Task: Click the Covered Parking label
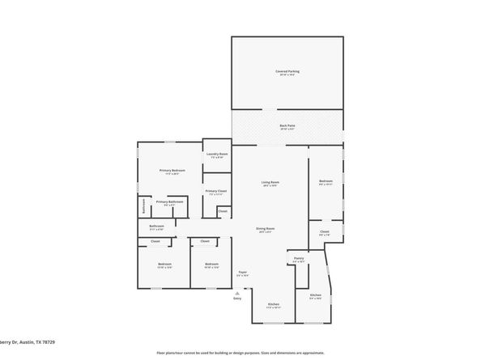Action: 287,71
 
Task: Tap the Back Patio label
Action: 287,125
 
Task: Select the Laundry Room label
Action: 217,154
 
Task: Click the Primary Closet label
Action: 216,191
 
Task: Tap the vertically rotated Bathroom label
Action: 144,205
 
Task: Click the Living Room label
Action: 270,182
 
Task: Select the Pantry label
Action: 299,259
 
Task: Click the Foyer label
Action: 242,273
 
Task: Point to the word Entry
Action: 237,299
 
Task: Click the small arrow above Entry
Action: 237,292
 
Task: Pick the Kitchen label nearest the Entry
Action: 274,304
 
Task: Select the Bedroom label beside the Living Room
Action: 326,180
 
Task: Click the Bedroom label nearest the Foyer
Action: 212,264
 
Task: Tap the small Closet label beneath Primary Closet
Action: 223,211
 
